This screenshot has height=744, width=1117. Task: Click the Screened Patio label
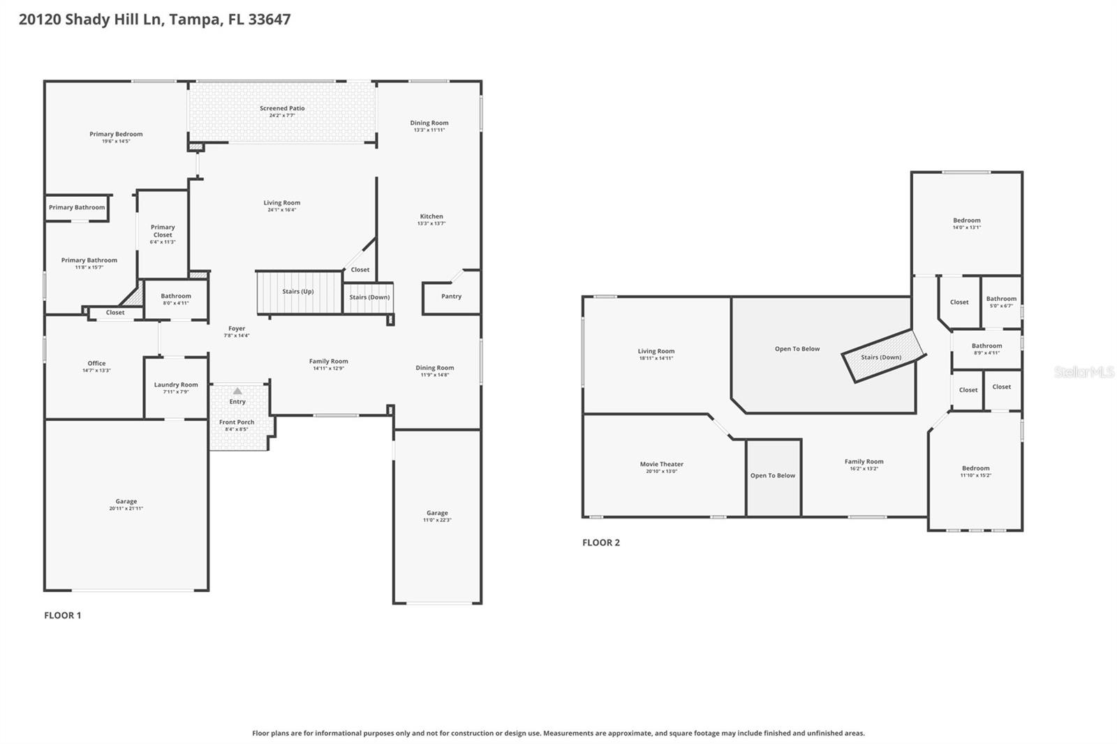[282, 108]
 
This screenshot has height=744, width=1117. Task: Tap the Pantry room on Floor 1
[451, 297]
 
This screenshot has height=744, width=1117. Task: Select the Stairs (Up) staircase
[298, 292]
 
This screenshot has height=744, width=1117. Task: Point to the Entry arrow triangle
[237, 391]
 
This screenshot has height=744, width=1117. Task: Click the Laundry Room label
[176, 385]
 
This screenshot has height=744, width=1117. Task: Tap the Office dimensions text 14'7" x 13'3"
[96, 371]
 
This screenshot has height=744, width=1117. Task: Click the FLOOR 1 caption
[63, 615]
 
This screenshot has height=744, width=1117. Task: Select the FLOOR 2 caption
[601, 542]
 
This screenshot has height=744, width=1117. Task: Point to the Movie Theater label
[661, 464]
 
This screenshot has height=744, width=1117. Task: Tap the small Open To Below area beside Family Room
[773, 476]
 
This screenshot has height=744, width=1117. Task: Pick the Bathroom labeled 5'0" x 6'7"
[1001, 302]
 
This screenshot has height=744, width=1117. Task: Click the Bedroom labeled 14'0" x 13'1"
[966, 223]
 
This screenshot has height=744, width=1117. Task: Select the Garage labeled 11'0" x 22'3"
[437, 516]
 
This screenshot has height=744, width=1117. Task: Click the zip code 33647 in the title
[269, 20]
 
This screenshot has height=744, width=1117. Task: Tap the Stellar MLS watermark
[1083, 372]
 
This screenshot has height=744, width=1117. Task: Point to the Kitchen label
[431, 216]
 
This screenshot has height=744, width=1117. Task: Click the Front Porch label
[237, 422]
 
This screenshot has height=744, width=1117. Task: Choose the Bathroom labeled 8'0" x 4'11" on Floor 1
[176, 299]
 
